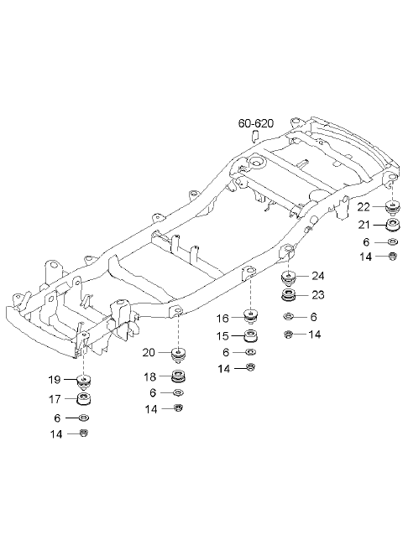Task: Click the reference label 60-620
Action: point(255,123)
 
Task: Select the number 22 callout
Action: point(364,207)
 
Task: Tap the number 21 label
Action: point(364,224)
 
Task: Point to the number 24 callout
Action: point(317,276)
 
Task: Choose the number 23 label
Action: point(317,294)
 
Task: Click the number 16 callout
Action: point(222,318)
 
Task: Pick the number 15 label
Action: point(222,336)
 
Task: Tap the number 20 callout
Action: point(149,352)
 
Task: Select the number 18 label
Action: point(149,376)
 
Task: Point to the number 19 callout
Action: point(55,380)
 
